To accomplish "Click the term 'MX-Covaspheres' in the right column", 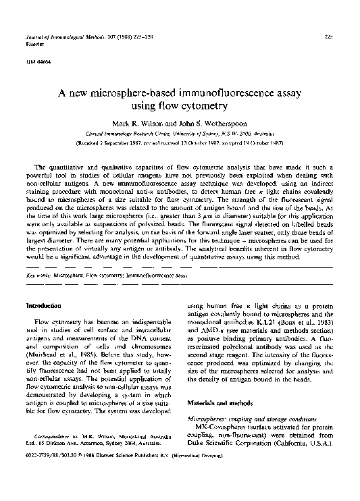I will coord(221,428).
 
